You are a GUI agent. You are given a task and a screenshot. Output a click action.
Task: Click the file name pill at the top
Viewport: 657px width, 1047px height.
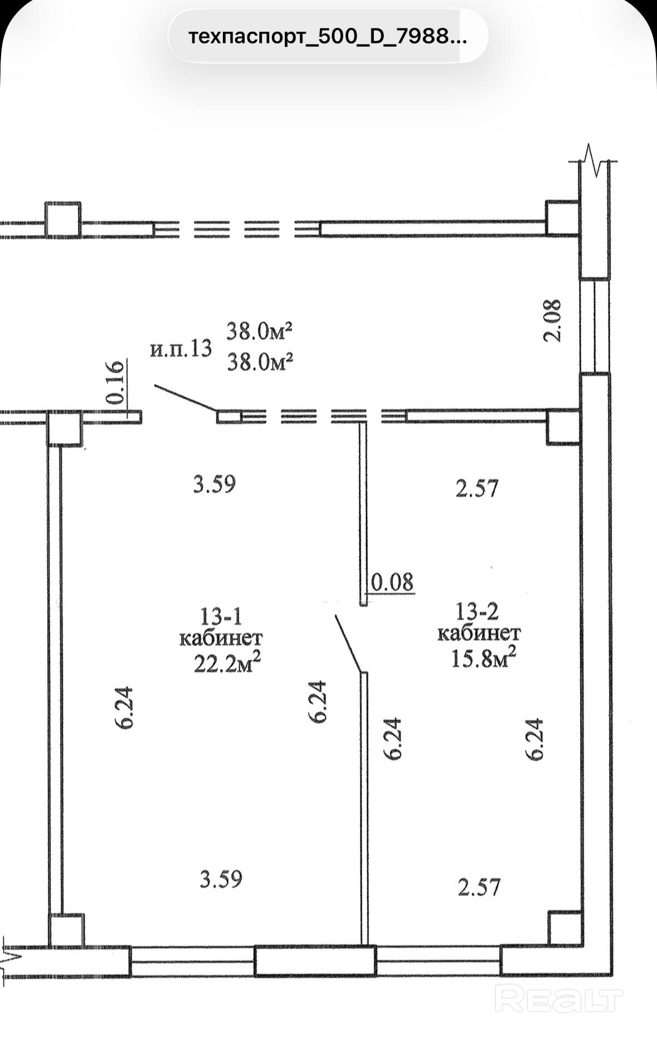click(328, 36)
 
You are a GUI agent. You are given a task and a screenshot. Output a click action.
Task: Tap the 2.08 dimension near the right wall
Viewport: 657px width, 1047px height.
click(553, 320)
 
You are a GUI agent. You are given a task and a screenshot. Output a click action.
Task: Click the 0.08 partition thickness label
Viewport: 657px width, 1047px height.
click(392, 582)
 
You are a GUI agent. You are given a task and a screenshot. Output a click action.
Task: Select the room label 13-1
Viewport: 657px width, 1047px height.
click(221, 616)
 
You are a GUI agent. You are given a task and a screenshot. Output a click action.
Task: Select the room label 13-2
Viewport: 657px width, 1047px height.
click(477, 612)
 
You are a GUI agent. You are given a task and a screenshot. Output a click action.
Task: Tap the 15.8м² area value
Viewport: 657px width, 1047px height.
click(483, 658)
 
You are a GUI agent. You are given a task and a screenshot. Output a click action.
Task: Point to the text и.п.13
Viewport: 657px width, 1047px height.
click(181, 349)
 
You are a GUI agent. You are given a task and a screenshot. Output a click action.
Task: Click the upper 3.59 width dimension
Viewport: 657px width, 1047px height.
click(215, 483)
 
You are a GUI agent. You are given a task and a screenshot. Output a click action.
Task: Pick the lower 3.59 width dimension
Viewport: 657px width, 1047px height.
click(221, 879)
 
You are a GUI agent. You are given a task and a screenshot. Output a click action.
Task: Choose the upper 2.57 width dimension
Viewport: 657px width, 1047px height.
click(477, 488)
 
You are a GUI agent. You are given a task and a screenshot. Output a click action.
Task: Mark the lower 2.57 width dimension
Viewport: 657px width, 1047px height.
click(479, 886)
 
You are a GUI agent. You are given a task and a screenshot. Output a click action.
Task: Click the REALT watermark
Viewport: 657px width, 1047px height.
click(559, 998)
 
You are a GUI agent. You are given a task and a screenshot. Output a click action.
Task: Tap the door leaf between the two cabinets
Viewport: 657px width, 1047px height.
click(349, 643)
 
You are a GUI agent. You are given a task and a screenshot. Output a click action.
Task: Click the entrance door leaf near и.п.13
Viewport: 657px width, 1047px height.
click(186, 398)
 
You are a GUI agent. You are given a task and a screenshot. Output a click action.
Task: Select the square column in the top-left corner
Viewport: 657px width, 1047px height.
click(63, 220)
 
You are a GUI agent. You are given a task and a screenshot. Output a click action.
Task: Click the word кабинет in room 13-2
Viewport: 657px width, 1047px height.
click(479, 634)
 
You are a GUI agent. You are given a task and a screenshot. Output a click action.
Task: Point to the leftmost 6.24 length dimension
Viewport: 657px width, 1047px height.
click(124, 707)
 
